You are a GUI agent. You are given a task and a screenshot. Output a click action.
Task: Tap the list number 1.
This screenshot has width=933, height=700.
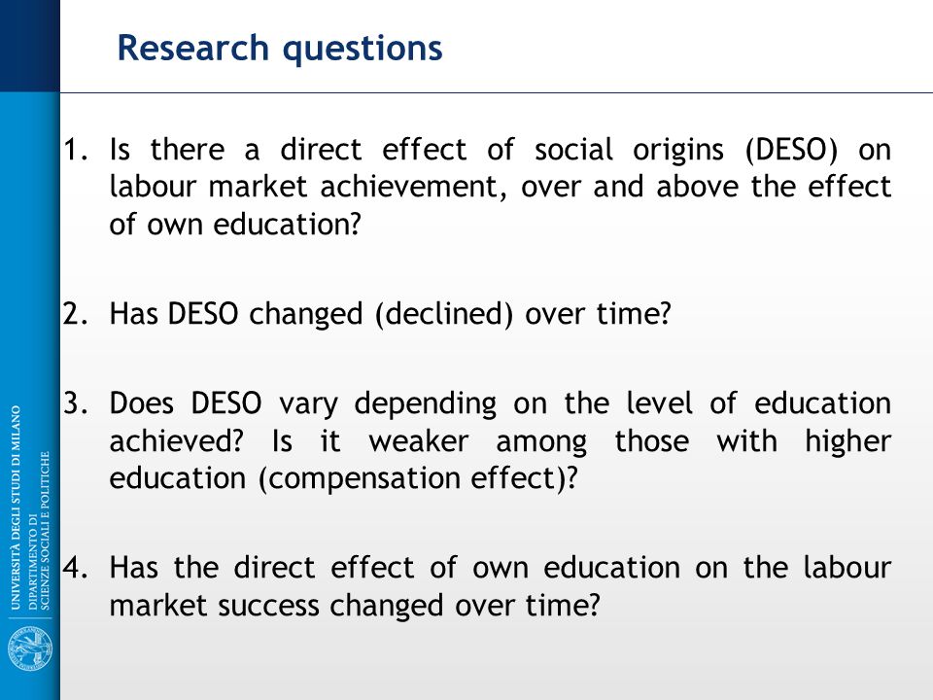(76, 150)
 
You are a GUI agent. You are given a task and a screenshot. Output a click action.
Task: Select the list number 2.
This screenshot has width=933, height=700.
(76, 314)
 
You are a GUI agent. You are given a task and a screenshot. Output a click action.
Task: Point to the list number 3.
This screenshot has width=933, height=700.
(76, 403)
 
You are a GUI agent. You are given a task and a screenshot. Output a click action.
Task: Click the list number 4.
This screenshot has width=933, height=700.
(76, 568)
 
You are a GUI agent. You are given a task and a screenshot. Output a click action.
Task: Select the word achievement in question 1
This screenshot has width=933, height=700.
(413, 187)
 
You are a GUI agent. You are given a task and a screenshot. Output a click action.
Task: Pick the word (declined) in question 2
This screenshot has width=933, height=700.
(444, 314)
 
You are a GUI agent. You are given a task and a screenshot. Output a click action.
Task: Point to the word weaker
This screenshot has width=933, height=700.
(418, 442)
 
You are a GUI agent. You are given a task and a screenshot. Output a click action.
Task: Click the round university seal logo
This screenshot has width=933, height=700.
(30, 649)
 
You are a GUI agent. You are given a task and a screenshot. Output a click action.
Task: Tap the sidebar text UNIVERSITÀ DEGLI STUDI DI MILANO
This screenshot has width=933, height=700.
(16, 507)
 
